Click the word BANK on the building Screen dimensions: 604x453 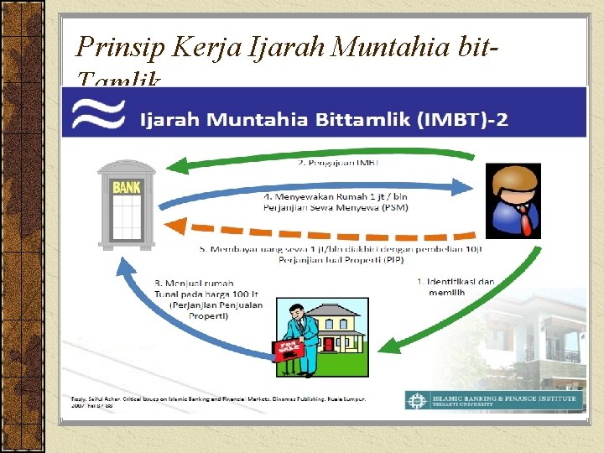click(127, 186)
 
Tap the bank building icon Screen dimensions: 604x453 click(127, 209)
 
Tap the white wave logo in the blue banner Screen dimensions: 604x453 click(98, 114)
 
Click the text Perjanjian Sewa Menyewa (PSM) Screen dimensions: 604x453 click(336, 208)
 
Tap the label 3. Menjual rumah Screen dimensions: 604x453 click(194, 283)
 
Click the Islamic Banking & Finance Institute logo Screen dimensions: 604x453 click(491, 400)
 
